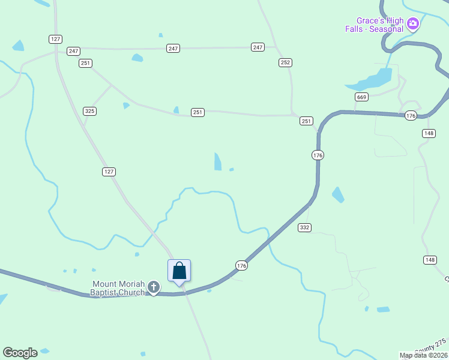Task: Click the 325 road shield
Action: click(x=89, y=111)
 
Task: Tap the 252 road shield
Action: click(x=285, y=62)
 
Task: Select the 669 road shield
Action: click(x=361, y=97)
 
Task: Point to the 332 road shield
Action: click(x=304, y=227)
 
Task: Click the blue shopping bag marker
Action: click(x=179, y=271)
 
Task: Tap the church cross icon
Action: click(x=154, y=288)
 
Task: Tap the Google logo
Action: click(x=20, y=353)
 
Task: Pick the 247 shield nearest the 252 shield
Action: click(x=258, y=47)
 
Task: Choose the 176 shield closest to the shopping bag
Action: click(x=241, y=265)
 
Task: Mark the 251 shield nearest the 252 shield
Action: click(x=306, y=121)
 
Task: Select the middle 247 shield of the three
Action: click(x=173, y=48)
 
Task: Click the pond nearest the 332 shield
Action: click(x=338, y=194)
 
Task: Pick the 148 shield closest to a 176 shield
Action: click(x=428, y=133)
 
